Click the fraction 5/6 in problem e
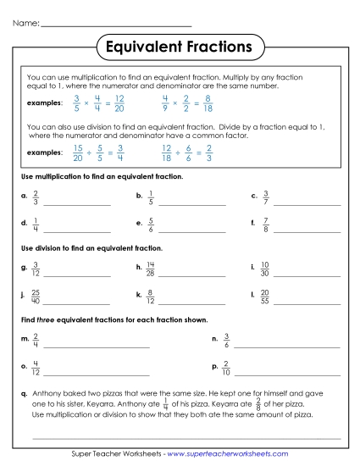tap(150, 226)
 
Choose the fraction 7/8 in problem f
tap(265, 226)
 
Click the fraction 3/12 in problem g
tap(36, 269)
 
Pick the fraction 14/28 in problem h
tap(150, 269)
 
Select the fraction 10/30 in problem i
tap(265, 269)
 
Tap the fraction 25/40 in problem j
tap(36, 297)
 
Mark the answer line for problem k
tap(192, 302)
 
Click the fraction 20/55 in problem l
tap(265, 297)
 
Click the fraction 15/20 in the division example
tap(53, 153)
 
